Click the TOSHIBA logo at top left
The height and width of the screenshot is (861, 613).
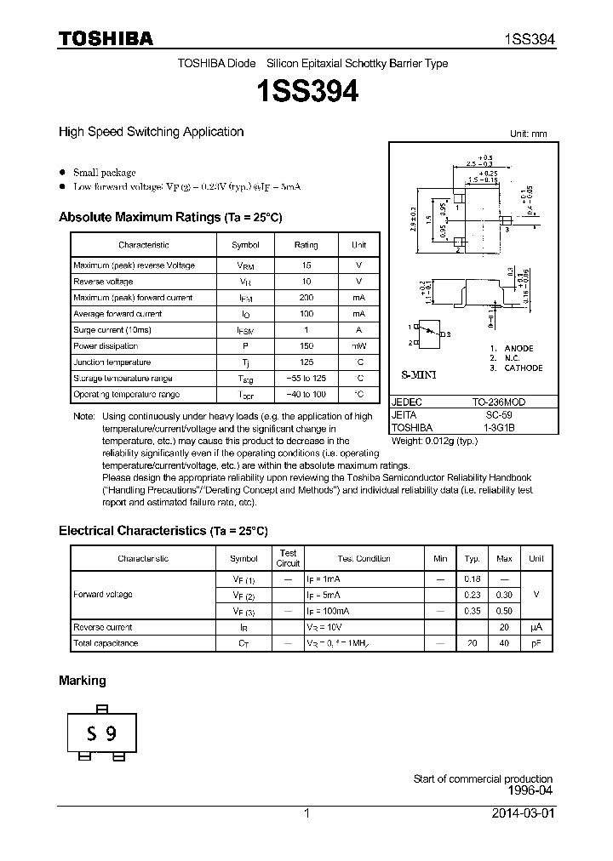point(106,38)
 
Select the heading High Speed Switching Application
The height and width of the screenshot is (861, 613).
point(151,132)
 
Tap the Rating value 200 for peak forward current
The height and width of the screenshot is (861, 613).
point(306,298)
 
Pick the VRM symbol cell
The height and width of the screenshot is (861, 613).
point(246,265)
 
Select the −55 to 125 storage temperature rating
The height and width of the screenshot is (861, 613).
point(306,379)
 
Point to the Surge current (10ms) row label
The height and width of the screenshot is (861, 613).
point(112,330)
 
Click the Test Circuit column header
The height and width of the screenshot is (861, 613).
point(289,558)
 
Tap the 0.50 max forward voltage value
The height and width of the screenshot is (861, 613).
point(504,611)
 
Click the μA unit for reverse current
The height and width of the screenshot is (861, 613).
point(536,627)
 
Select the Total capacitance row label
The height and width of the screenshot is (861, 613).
point(106,643)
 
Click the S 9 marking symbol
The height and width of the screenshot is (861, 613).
point(103,733)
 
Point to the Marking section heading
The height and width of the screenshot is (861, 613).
point(83,681)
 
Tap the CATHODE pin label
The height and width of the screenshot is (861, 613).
point(524,368)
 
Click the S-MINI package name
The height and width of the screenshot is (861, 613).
point(418,375)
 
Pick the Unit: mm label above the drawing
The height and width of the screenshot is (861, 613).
point(528,134)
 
